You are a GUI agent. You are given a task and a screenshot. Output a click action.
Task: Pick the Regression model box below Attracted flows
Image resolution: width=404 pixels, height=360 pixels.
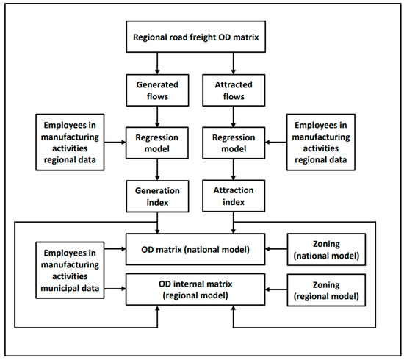233,142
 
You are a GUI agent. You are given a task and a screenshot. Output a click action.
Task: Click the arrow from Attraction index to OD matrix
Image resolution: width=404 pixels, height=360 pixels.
233,222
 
